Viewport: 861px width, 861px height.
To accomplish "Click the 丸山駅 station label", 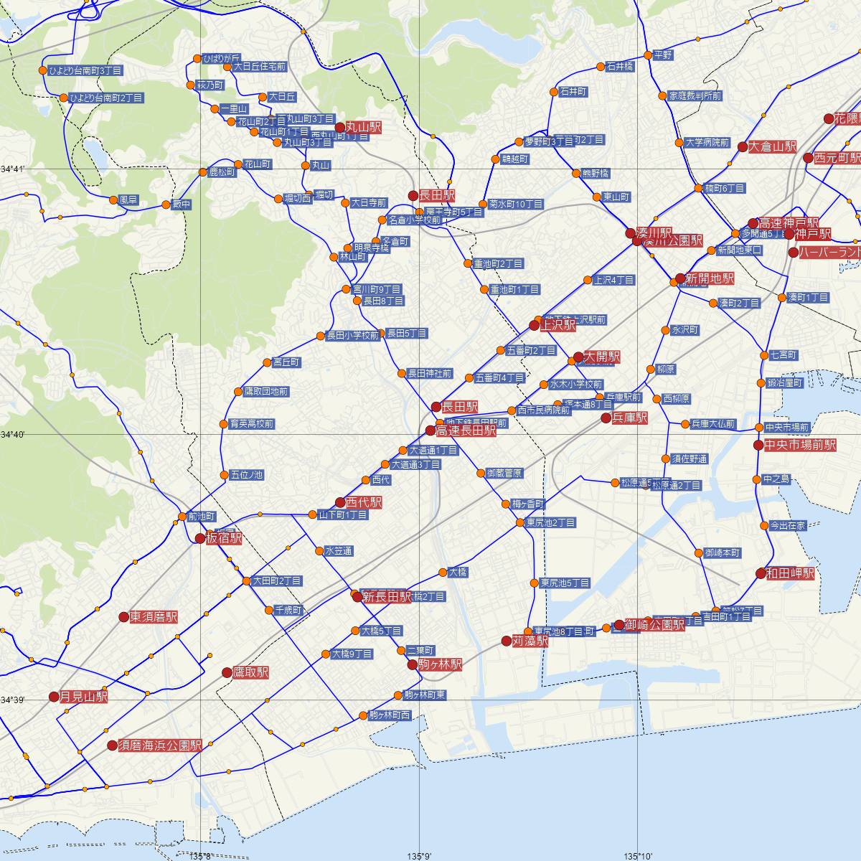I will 362,128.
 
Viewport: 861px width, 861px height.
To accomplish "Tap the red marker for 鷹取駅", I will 227,672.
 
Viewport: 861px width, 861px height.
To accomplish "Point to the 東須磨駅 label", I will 153,617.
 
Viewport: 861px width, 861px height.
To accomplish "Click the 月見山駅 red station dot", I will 54,696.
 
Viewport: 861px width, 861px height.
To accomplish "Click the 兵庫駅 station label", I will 630,418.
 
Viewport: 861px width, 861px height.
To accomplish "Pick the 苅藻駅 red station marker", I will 506,641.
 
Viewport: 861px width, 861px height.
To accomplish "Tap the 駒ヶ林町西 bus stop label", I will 390,715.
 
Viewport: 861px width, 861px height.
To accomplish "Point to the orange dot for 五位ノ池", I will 225,474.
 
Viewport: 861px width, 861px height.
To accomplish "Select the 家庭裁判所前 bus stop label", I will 695,95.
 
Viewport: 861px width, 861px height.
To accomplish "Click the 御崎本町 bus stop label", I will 722,553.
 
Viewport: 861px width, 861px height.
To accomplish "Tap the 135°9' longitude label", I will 419,855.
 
